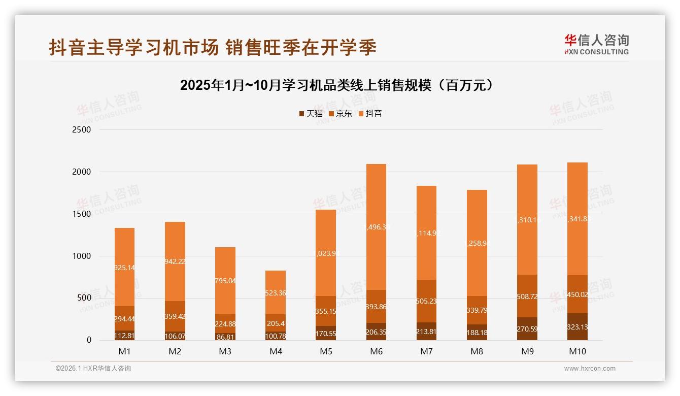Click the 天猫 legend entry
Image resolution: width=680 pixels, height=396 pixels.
coord(311,114)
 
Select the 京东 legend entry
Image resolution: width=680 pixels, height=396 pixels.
coord(341,114)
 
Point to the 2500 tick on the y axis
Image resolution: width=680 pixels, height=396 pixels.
coord(82,129)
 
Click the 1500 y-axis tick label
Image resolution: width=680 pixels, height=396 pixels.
coord(82,214)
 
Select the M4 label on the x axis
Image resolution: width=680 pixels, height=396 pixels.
coord(276,351)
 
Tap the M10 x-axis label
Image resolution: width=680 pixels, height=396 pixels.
coord(577,351)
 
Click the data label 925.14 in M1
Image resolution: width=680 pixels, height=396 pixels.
coord(124,268)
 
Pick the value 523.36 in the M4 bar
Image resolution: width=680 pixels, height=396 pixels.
coord(276,293)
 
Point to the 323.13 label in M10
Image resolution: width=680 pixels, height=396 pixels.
coord(577,327)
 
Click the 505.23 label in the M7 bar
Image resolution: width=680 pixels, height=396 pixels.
coord(426,301)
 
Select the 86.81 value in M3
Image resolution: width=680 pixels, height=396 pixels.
coord(225,336)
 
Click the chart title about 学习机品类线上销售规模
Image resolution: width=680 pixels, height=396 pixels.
coord(336,85)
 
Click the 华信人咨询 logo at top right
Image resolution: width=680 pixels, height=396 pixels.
coord(596,45)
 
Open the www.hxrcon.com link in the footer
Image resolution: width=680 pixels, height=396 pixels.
coord(590,369)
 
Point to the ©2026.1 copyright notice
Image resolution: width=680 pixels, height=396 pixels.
coord(93,369)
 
